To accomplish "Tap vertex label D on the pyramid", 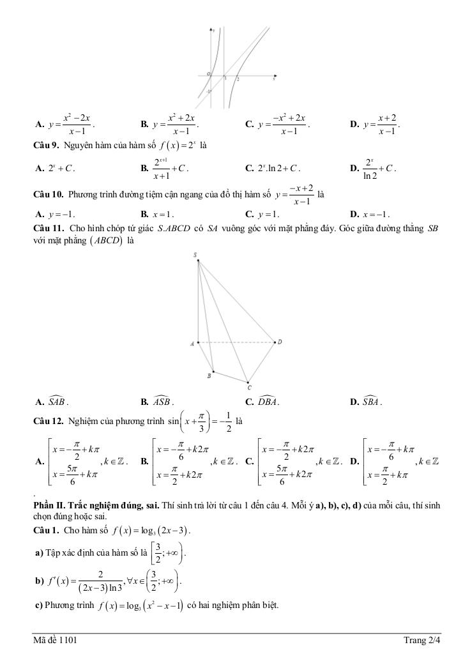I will coord(279,342).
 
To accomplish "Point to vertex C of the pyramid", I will coord(249,385).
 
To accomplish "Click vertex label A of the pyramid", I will coord(192,344).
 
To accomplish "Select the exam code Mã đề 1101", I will coord(56,639).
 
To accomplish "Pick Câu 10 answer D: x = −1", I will coord(374,215).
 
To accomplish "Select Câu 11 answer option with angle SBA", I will coord(372,402).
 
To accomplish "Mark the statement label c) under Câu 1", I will coord(38,605).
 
